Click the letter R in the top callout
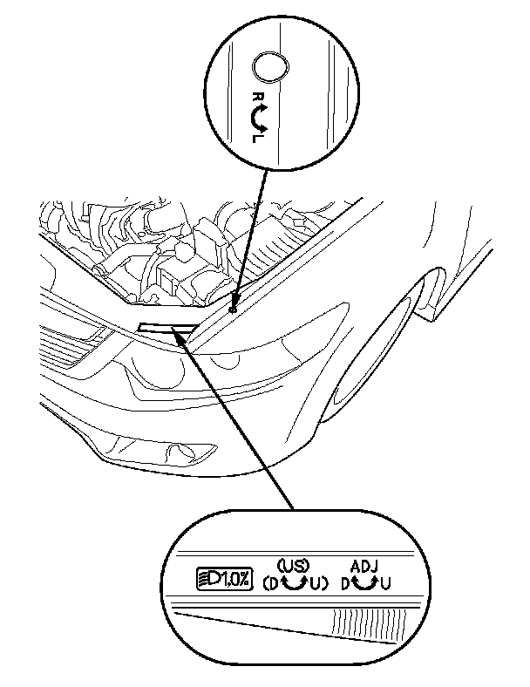coord(256,98)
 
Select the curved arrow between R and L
coord(261,117)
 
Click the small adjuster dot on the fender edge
coord(233,309)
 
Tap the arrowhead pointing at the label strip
coord(182,333)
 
